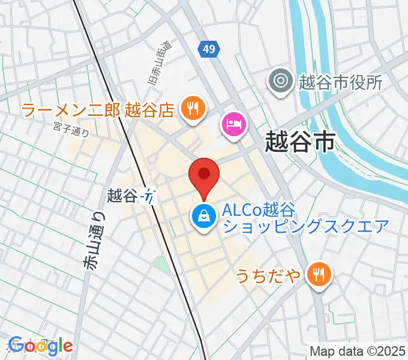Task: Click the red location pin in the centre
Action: tap(204, 175)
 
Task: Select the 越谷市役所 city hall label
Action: tap(341, 82)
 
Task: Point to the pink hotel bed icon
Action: tap(234, 124)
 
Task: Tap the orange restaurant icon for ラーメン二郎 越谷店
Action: tap(193, 108)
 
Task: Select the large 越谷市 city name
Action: tap(300, 142)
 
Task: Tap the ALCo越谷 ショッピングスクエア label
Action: tap(305, 218)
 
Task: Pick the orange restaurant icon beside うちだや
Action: tap(317, 274)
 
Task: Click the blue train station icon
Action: tap(149, 196)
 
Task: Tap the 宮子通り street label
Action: tap(70, 129)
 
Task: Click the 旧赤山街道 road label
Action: tap(159, 62)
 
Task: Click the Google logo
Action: tap(41, 346)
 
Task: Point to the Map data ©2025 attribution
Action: tap(358, 351)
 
